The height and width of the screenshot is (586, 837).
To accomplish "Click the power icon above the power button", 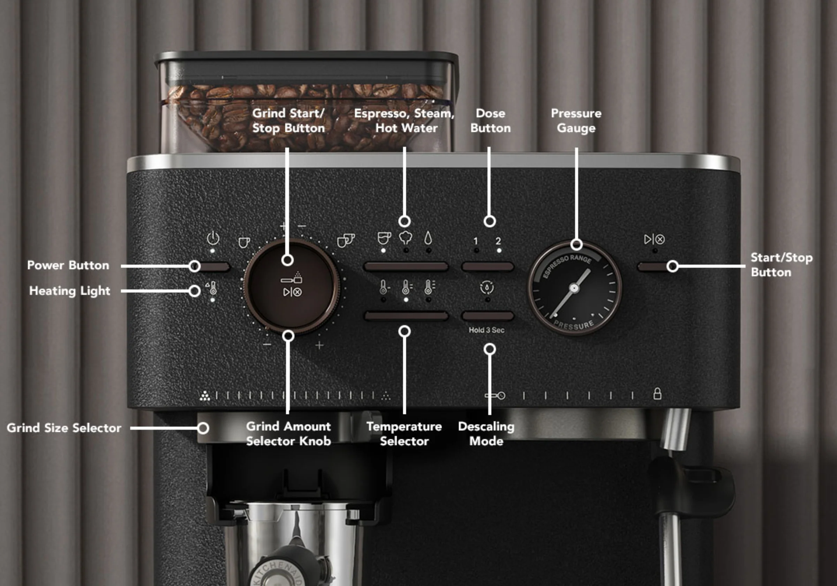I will click(x=213, y=239).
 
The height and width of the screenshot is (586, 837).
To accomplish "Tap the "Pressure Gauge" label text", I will click(x=576, y=121).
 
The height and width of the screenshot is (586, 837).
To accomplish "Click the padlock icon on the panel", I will click(x=657, y=394).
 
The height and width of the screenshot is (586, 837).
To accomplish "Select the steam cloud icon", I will click(x=405, y=238).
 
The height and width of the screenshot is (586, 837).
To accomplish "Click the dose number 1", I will click(x=475, y=241).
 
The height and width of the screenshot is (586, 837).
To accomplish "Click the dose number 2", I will click(x=498, y=241).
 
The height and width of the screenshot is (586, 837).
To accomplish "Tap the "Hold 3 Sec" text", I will click(x=486, y=330).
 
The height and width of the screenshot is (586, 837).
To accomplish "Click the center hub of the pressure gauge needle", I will click(x=574, y=288).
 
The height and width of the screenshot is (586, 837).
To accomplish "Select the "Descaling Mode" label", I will click(x=486, y=434).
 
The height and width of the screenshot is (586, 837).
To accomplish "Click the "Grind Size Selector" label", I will click(x=64, y=428).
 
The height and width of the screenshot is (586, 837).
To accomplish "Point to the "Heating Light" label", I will click(x=70, y=291).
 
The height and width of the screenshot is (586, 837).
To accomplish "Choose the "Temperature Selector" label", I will click(x=404, y=434).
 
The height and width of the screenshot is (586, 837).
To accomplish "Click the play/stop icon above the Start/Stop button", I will click(x=654, y=240).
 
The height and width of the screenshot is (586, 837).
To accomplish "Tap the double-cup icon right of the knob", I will click(x=345, y=240).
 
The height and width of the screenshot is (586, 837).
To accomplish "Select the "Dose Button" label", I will click(x=490, y=121).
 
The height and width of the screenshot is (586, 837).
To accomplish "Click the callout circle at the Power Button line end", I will click(x=195, y=266).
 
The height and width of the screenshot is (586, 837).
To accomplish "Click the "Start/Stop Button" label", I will click(x=781, y=265).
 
